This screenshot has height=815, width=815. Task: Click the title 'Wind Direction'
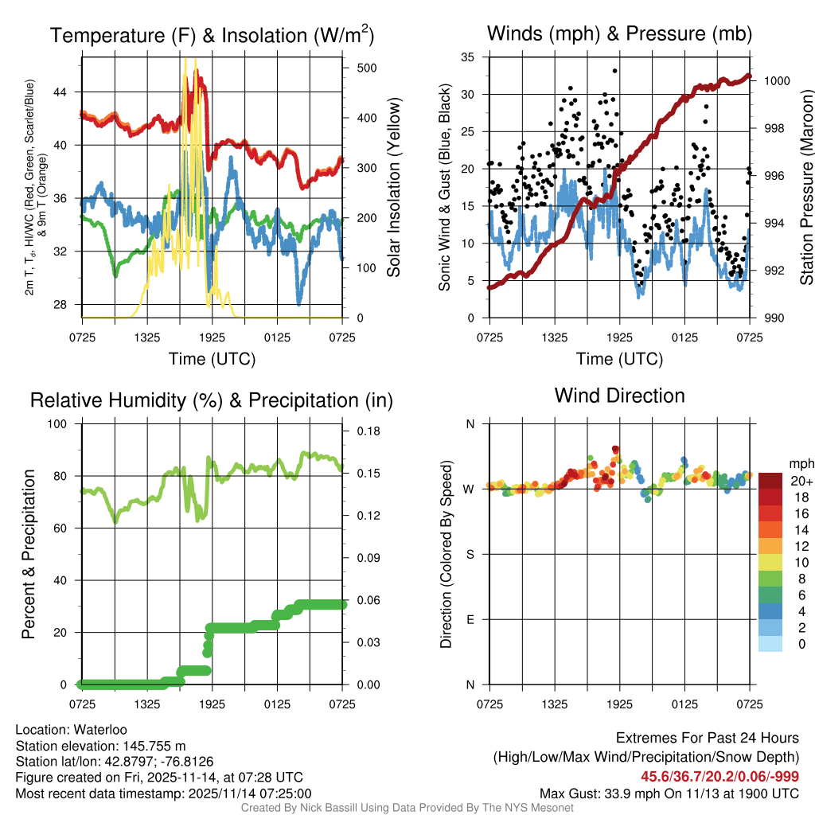[619, 396]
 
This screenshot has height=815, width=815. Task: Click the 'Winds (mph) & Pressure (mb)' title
[619, 34]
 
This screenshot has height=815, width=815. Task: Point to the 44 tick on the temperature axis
[69, 92]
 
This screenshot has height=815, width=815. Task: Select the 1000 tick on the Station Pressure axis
[776, 80]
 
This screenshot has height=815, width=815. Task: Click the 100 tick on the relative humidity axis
[64, 424]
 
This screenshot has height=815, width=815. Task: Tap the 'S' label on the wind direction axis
[470, 554]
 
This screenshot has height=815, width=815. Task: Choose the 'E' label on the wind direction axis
[470, 619]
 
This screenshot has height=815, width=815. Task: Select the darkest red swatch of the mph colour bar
[770, 481]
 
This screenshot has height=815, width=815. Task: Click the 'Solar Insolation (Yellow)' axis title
[393, 187]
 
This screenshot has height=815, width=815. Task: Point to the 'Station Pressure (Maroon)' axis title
[805, 187]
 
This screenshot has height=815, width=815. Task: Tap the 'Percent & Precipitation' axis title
[29, 554]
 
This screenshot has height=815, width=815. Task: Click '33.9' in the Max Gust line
[616, 794]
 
